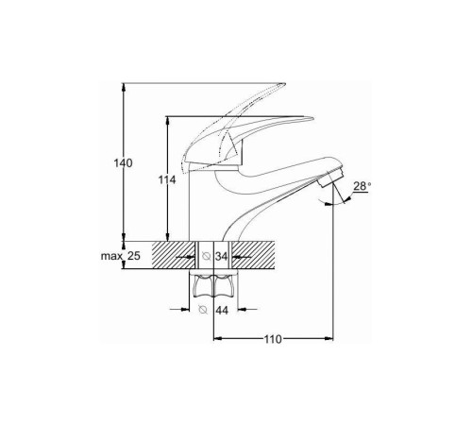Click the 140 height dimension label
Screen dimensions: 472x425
coord(123,163)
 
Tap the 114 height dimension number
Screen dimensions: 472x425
coord(167,180)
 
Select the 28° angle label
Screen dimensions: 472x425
coord(361,186)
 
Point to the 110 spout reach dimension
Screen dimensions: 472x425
coord(273,339)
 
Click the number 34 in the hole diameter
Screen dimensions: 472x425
coord(221,257)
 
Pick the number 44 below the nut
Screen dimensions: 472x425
coord(222,311)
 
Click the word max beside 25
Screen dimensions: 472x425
coord(111,256)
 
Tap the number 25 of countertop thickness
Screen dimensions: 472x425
coord(133,256)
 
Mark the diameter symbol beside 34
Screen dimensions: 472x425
coord(207,256)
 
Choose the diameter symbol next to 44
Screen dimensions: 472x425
coord(203,310)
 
